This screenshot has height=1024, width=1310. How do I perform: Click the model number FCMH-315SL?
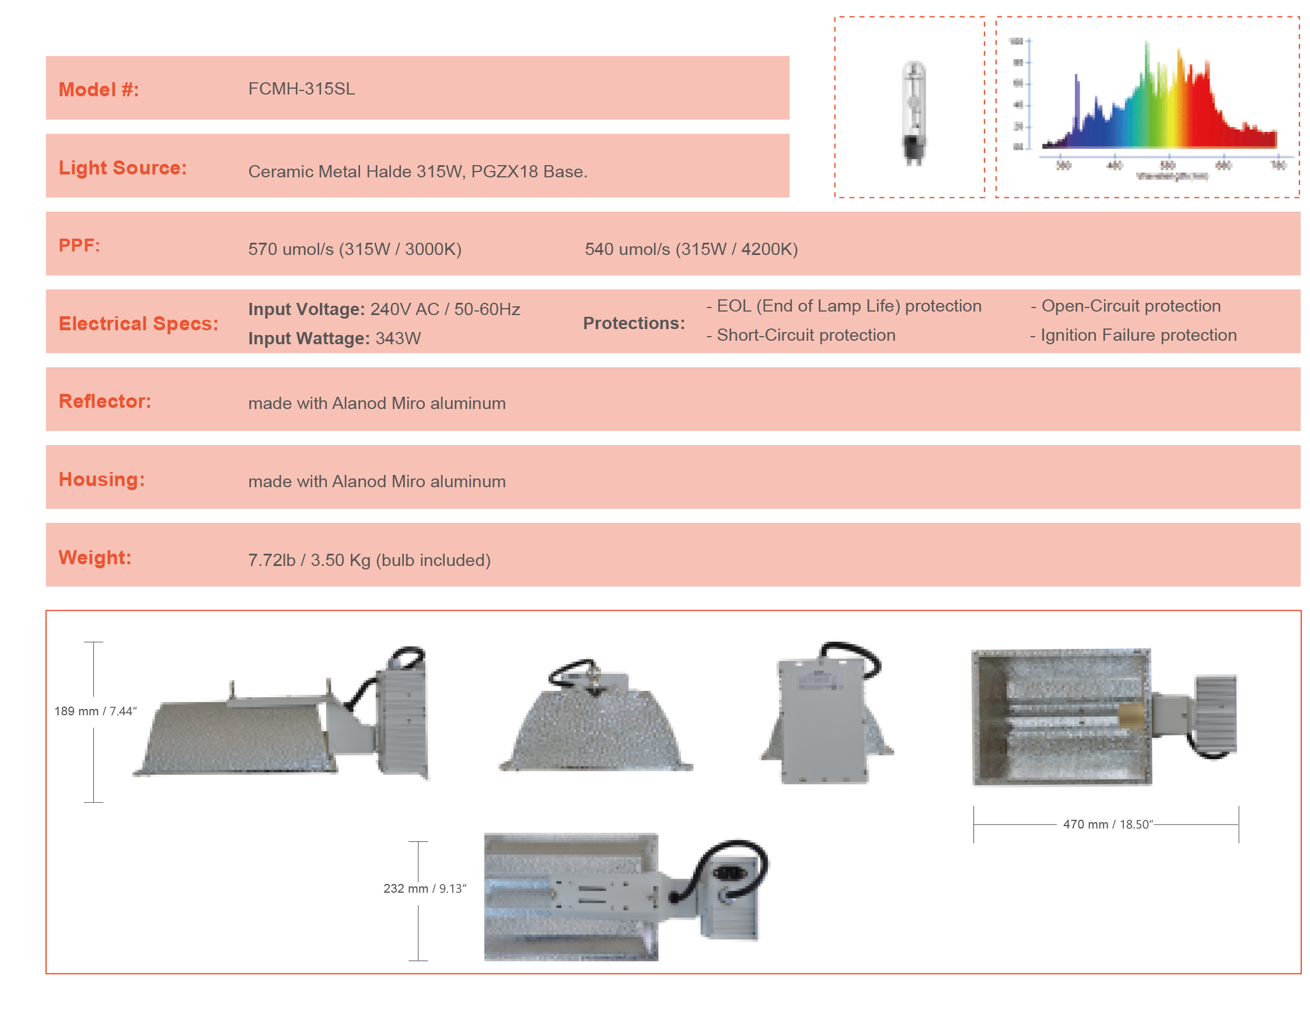(x=301, y=89)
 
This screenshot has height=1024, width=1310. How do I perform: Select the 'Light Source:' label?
(x=123, y=167)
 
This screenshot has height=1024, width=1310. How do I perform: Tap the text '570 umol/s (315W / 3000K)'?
(x=355, y=249)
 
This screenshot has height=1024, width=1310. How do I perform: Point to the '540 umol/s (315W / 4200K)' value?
(x=691, y=249)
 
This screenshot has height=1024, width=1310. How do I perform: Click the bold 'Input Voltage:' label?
(x=306, y=309)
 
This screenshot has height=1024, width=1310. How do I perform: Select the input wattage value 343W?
(x=398, y=338)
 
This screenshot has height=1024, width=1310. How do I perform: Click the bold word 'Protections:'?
(x=633, y=323)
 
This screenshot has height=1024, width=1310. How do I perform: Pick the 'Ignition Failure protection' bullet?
(x=1133, y=335)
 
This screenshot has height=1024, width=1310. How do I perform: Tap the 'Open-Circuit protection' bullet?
(x=1126, y=306)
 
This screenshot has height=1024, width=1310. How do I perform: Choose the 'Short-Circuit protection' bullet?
(x=801, y=335)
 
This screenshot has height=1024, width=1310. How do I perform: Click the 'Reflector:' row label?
(x=105, y=401)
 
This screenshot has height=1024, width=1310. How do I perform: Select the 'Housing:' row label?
(x=102, y=479)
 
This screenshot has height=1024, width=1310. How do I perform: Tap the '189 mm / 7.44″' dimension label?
(x=95, y=711)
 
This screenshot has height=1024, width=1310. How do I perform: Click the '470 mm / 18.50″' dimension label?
(x=1108, y=824)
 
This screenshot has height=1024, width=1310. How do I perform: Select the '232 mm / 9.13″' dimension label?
(x=425, y=889)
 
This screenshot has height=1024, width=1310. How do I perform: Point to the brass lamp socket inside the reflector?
(x=1131, y=716)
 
